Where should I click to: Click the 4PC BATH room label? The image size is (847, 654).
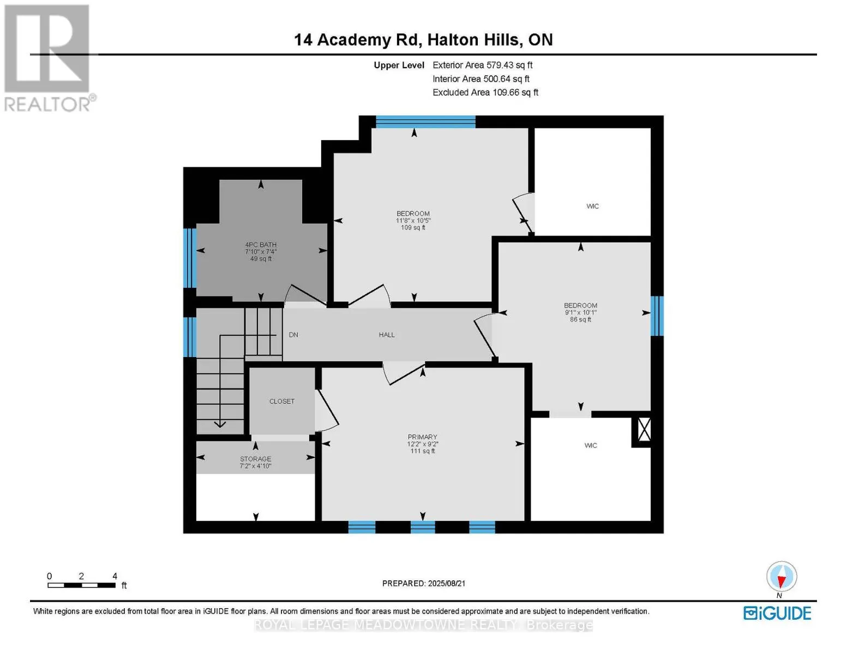(x=261, y=245)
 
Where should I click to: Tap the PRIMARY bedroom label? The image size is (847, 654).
(x=422, y=437)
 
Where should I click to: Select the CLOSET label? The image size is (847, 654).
(x=282, y=401)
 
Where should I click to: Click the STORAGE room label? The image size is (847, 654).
(x=255, y=459)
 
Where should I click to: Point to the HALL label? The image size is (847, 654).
(x=387, y=335)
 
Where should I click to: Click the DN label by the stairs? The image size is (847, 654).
(x=293, y=335)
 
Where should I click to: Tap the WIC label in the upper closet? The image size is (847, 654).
(x=592, y=206)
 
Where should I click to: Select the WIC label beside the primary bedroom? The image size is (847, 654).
(x=591, y=445)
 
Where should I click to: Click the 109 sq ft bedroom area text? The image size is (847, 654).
(x=413, y=228)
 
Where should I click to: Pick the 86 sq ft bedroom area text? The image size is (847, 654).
(x=580, y=320)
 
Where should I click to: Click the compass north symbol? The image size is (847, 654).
(x=782, y=577)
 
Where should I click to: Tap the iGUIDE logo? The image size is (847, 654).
(x=777, y=613)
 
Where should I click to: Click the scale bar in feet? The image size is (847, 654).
(x=81, y=585)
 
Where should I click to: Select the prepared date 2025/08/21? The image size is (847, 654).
(x=424, y=583)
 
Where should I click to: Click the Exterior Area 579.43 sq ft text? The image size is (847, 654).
(x=482, y=65)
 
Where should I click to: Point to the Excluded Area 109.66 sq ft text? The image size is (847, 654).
(x=485, y=93)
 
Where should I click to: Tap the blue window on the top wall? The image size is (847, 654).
(x=425, y=122)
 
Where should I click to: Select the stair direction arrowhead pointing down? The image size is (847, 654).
(x=220, y=424)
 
